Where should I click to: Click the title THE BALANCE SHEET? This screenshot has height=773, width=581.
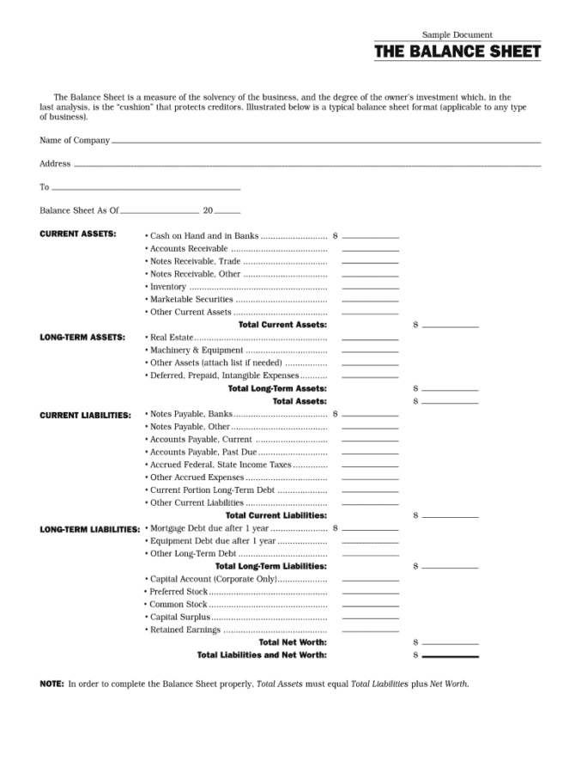457,52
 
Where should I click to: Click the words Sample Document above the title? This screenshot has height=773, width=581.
457,35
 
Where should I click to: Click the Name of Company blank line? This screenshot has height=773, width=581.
326,142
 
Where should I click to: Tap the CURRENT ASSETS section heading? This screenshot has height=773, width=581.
78,234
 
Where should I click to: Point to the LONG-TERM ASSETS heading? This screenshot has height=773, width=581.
82,338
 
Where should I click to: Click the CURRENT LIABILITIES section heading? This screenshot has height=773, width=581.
86,415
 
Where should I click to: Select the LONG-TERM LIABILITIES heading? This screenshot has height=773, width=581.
90,529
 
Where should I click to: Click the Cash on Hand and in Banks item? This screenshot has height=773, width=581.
204,235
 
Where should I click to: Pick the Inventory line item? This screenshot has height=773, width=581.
168,287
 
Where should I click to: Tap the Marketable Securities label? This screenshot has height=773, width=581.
191,300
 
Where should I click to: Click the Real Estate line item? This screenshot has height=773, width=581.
172,338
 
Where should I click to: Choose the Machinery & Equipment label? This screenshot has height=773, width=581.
197,350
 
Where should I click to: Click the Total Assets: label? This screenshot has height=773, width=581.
300,401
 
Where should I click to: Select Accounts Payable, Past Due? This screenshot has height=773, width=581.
203,452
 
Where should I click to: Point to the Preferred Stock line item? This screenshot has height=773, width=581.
179,592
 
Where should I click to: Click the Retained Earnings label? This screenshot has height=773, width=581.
185,630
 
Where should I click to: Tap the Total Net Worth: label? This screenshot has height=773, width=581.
293,642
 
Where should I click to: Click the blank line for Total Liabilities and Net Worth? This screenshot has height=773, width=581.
450,656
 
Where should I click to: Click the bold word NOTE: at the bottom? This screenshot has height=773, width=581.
51,685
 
